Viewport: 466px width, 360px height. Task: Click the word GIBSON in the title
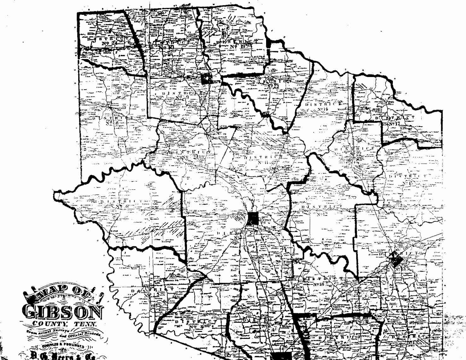[x=63, y=312]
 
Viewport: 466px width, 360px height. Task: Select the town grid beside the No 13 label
[x=395, y=260]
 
